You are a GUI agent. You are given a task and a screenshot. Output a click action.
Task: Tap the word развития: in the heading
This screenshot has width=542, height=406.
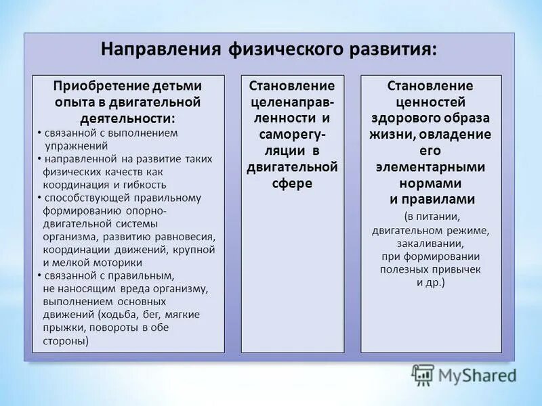(x=389, y=51)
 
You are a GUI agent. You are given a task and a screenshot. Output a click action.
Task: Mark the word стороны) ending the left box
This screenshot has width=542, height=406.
(x=66, y=340)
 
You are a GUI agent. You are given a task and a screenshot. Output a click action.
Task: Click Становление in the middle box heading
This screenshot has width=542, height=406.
(x=292, y=87)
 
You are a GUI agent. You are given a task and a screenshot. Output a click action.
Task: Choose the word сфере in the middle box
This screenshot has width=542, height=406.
(x=292, y=183)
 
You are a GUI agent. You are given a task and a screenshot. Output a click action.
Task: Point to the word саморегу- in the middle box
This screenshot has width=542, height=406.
(x=292, y=135)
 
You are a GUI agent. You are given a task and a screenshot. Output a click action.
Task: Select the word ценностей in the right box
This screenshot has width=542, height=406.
(x=430, y=102)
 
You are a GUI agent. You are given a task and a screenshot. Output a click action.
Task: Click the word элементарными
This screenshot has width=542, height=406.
(x=430, y=166)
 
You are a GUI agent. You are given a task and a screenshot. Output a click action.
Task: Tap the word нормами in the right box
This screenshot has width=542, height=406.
(x=430, y=183)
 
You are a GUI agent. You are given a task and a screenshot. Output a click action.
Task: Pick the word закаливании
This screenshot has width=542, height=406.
(x=430, y=244)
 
